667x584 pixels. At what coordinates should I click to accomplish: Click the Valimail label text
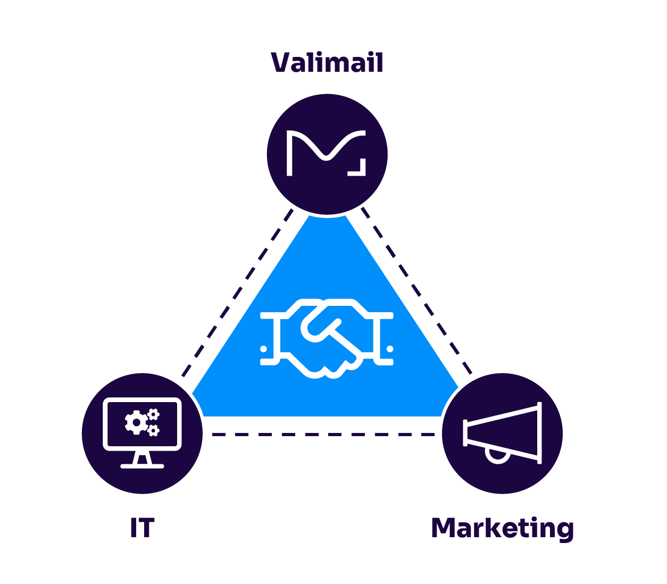[327, 63]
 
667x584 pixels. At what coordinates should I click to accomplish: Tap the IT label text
[142, 528]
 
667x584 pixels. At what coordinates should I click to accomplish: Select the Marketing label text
[502, 528]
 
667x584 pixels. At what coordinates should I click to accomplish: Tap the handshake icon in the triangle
[327, 339]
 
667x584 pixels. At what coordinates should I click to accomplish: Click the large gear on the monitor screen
[136, 422]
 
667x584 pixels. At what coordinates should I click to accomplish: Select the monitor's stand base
[142, 466]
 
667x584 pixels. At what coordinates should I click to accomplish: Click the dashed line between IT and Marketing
[322, 435]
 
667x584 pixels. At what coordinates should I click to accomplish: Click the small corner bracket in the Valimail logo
[359, 168]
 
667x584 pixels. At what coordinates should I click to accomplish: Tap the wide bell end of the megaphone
[539, 432]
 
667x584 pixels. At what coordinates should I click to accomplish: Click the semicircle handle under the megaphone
[498, 456]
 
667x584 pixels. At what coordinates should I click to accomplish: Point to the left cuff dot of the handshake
[264, 349]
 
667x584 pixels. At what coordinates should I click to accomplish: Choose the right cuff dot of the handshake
[390, 349]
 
